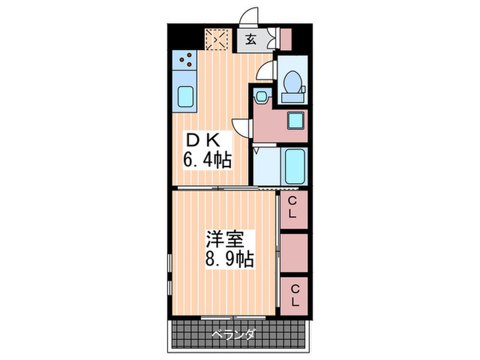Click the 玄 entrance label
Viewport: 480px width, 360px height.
(251, 39)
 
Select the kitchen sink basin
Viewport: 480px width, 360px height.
(185, 95)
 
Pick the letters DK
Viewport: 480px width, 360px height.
(204, 141)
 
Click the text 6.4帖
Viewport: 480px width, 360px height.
(206, 161)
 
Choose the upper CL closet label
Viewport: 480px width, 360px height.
(293, 206)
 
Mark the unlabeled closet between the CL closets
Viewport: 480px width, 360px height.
(293, 252)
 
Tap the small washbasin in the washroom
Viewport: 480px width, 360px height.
(261, 97)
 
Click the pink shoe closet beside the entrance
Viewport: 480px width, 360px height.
(286, 38)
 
